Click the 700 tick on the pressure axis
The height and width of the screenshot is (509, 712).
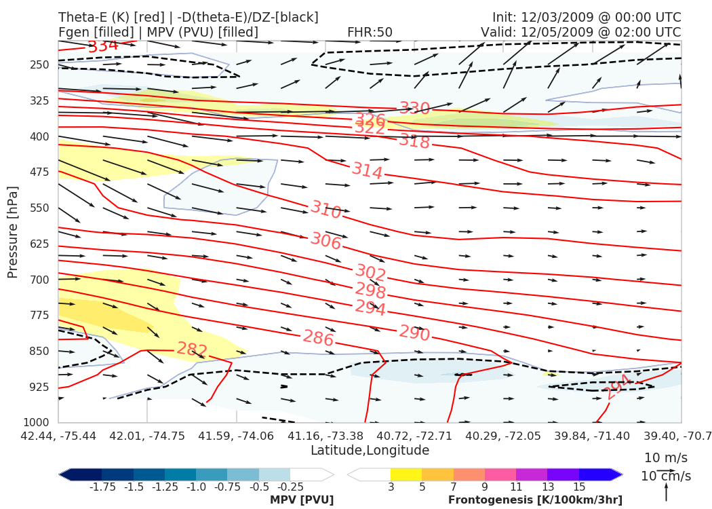pos(39,279)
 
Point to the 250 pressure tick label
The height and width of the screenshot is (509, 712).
pos(39,64)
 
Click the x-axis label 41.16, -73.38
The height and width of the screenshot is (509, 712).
pos(325,435)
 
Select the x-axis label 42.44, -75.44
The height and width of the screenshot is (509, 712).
pos(58,435)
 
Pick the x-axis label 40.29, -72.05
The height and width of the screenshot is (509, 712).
pos(503,435)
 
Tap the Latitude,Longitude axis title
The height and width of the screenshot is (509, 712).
pos(370,450)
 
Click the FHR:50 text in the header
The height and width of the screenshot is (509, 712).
pos(370,32)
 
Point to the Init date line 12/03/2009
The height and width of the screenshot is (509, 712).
pos(587,17)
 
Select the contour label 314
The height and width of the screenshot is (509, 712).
pos(367,171)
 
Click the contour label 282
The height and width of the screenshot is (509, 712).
pos(192,350)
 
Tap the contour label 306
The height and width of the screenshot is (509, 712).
pos(326,240)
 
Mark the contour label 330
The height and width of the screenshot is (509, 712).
pos(414,109)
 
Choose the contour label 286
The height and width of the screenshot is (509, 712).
pos(318,337)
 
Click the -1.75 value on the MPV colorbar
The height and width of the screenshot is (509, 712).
pos(102,487)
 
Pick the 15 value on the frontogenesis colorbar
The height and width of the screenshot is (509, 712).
pos(578,487)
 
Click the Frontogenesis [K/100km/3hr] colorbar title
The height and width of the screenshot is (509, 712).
pos(535,500)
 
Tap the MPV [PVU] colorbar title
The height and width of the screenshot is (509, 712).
pos(302,500)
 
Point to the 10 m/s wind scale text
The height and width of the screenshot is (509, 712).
pos(666,457)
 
